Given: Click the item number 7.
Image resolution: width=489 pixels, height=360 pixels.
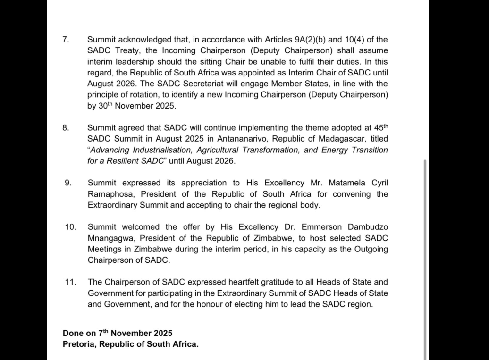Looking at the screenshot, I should coord(66,39).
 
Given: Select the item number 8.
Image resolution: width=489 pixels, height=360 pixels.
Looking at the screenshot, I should coord(66,127).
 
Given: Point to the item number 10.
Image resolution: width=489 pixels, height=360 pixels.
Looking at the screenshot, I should coord(70,227).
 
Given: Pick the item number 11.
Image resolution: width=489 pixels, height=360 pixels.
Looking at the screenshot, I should coord(70,282).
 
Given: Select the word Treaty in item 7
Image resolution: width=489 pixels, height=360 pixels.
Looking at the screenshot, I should coord(127,50).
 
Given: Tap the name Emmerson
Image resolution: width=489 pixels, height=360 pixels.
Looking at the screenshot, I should coord(308,227).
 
